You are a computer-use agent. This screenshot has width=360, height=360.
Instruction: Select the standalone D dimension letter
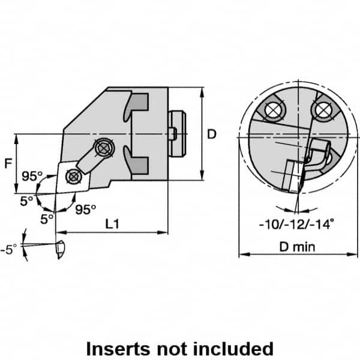pos(211,135)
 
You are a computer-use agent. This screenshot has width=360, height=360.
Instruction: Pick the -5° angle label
pos(10,246)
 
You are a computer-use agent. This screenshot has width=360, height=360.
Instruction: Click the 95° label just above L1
pos(86,209)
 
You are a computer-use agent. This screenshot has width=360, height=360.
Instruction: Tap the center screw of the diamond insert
pos(73,176)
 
